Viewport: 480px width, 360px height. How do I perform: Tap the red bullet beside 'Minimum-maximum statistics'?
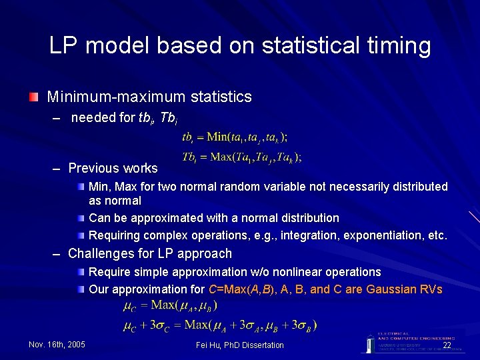point(33,98)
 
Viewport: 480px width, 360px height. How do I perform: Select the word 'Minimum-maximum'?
point(108,97)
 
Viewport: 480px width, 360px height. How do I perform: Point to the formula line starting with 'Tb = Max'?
point(241,157)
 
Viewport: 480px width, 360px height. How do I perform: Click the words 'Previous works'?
point(113,168)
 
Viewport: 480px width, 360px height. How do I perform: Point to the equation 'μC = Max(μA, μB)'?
point(170,305)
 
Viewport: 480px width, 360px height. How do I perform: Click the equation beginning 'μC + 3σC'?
point(220,325)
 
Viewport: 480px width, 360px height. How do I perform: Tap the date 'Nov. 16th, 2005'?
point(57,345)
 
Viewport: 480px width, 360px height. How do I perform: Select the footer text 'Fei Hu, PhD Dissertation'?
point(240,345)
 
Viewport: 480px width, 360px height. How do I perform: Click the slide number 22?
point(447,345)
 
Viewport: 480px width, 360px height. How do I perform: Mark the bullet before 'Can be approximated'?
point(80,219)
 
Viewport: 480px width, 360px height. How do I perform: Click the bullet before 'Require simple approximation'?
point(80,273)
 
